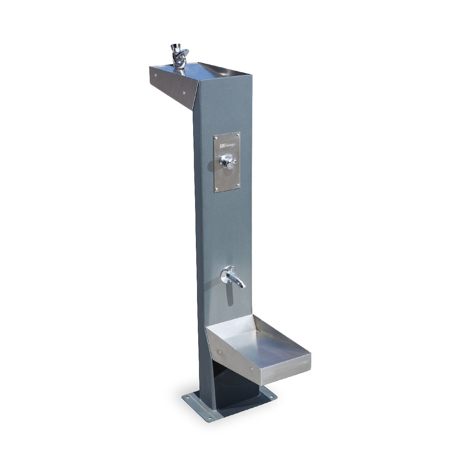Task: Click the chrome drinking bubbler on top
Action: [x=177, y=56]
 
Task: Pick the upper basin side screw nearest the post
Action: [x=184, y=93]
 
